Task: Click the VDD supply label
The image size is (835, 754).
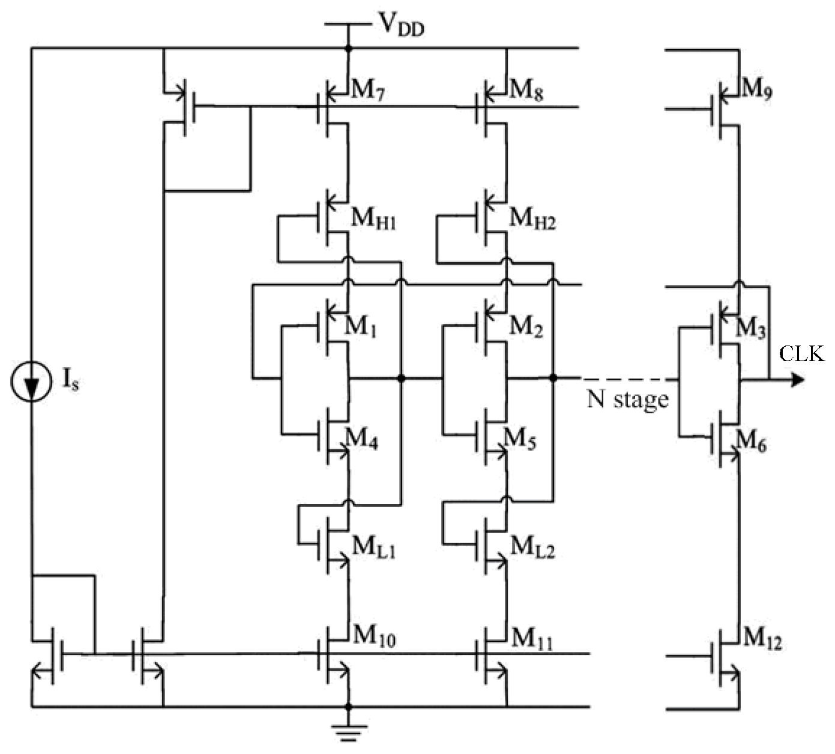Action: pos(400,24)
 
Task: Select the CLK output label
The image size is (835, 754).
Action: pos(801,354)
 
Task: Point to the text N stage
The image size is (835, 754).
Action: pos(627,399)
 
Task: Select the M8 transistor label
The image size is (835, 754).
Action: pos(526,91)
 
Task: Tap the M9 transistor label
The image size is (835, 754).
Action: pos(757,90)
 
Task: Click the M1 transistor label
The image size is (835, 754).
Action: pos(360,327)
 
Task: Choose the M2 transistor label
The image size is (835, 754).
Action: pos(526,327)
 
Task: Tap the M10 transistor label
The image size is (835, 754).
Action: pos(374,637)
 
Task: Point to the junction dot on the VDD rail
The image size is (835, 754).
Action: pos(348,48)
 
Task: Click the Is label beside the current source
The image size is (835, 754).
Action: pos(70,381)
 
